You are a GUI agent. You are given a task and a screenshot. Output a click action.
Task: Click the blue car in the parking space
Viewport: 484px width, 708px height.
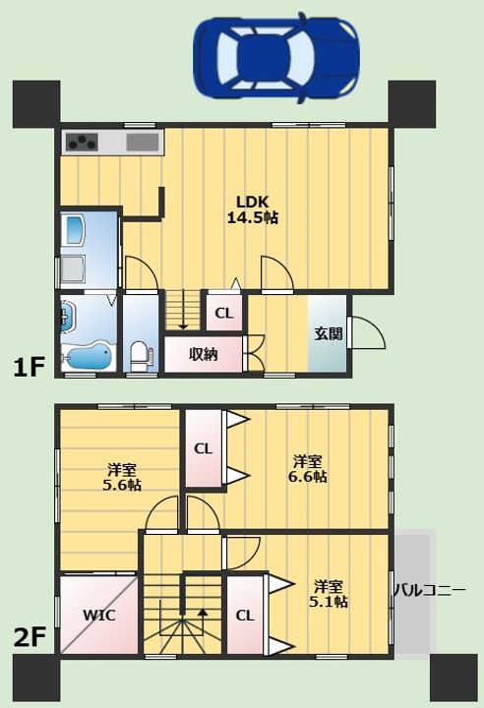(x=276, y=58)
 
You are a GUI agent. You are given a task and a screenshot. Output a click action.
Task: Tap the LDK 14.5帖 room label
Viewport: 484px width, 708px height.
(x=252, y=210)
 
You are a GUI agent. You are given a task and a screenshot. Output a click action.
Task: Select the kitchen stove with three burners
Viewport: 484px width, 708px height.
(x=83, y=143)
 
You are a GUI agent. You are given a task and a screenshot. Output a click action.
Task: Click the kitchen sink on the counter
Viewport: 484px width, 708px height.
(x=143, y=143)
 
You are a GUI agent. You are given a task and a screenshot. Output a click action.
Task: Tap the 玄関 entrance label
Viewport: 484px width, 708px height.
(x=329, y=333)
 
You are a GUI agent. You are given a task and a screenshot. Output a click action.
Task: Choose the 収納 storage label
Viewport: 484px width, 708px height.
(x=204, y=354)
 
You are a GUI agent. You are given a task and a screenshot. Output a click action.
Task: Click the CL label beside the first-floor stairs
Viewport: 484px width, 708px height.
(x=224, y=313)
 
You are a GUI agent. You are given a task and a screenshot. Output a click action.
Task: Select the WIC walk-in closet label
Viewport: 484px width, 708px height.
(x=99, y=615)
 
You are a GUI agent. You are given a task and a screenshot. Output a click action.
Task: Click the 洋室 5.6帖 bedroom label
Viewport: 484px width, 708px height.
(x=122, y=477)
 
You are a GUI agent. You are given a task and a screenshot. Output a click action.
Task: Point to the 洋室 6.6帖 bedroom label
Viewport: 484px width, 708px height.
(x=307, y=469)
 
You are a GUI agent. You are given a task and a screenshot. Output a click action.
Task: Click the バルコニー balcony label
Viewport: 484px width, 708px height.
(x=429, y=590)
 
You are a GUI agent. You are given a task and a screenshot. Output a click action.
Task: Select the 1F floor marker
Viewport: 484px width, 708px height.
(x=28, y=368)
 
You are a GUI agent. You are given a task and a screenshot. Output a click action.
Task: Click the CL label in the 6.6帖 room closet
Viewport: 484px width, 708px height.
(x=203, y=448)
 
